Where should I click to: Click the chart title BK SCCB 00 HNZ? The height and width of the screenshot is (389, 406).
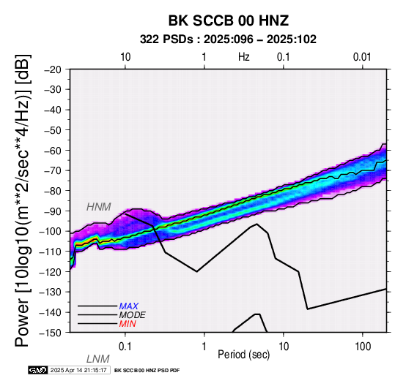coord(229,20)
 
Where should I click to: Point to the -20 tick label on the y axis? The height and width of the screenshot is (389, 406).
coord(53,69)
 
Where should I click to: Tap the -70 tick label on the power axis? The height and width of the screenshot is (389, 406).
coord(53,170)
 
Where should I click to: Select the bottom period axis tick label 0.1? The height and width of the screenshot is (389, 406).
coord(125,347)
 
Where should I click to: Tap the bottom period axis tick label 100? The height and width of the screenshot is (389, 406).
coord(363,347)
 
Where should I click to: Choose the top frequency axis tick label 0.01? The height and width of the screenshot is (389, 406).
coord(362,57)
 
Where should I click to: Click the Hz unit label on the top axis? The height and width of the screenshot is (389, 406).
coord(244,57)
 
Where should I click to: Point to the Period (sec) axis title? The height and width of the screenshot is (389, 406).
coord(243,355)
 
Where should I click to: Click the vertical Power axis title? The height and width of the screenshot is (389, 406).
coord(23,200)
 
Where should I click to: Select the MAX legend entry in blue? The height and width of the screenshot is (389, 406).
coord(129,306)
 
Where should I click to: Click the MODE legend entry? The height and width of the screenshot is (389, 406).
coord(133,315)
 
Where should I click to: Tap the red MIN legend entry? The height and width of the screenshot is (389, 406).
coord(128,324)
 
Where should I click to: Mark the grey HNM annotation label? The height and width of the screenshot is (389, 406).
coord(99,207)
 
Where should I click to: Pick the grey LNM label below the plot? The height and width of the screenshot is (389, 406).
coord(98,359)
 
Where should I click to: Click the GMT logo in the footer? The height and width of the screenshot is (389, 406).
coord(38,370)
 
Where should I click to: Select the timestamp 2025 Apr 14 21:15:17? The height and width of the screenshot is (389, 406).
coord(78,370)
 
